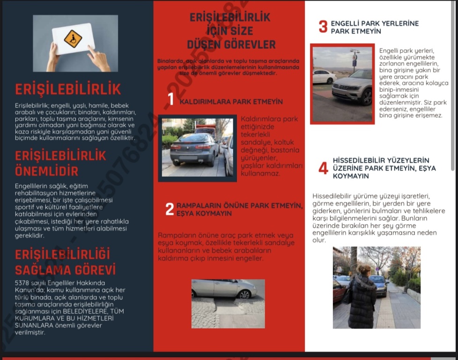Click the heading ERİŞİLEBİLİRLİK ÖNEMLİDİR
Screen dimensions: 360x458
coord(60,163)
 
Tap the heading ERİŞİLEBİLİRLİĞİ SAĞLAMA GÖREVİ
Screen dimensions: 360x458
coord(65,262)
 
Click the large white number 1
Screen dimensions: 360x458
coord(171,99)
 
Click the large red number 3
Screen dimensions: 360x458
coord(323,27)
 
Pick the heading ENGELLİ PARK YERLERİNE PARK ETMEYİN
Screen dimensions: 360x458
coord(374,27)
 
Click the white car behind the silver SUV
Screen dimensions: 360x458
coord(324,76)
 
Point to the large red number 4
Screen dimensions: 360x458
coord(323,168)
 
